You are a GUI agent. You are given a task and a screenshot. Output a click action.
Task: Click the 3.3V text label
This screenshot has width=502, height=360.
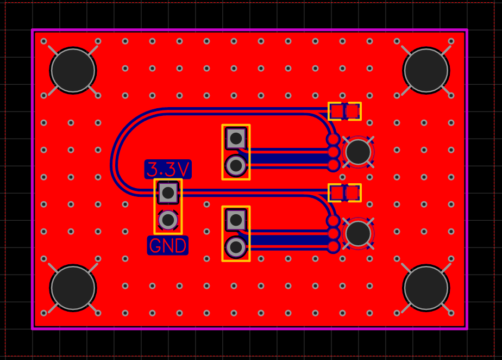coord(168,170)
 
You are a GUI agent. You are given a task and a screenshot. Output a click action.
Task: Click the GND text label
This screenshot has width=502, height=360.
coord(168,246)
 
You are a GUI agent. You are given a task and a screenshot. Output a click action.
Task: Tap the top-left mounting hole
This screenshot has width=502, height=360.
coord(73,70)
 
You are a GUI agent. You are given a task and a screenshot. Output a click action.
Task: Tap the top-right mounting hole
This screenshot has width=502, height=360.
coord(426,70)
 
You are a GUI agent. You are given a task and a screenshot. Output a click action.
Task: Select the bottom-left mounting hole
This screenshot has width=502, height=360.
coord(73,288)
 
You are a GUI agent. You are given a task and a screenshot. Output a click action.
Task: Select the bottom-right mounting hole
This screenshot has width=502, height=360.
coord(426,288)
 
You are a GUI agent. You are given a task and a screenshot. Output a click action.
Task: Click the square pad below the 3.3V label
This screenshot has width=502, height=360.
coord(168,192)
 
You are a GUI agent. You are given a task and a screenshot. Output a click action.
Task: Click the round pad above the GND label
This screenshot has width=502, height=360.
coord(168,220)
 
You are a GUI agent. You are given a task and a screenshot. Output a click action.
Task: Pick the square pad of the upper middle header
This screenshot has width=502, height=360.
coord(236,138)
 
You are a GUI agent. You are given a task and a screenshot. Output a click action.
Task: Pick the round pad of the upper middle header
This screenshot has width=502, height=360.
coord(236,165)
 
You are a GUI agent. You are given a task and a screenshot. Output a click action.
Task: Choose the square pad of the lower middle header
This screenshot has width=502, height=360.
coord(236,220)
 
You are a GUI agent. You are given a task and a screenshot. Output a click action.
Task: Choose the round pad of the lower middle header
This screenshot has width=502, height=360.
coord(236,247)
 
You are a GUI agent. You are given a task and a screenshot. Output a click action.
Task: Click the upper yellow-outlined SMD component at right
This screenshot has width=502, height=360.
coord(344,111)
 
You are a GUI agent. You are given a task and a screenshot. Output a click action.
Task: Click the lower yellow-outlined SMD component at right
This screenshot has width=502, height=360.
coord(344,193)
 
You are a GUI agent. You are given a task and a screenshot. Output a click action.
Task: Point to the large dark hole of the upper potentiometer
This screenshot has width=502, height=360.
coord(359,152)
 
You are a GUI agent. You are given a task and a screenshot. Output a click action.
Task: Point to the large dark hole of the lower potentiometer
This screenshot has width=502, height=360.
coord(359,233)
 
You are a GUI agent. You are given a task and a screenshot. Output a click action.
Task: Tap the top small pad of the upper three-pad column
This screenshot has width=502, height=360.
coord(333,139)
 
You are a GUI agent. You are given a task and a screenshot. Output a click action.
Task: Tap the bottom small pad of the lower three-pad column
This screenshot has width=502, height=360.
coord(333,247)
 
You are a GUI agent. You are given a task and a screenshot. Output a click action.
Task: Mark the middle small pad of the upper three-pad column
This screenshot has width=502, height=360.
coord(333,152)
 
